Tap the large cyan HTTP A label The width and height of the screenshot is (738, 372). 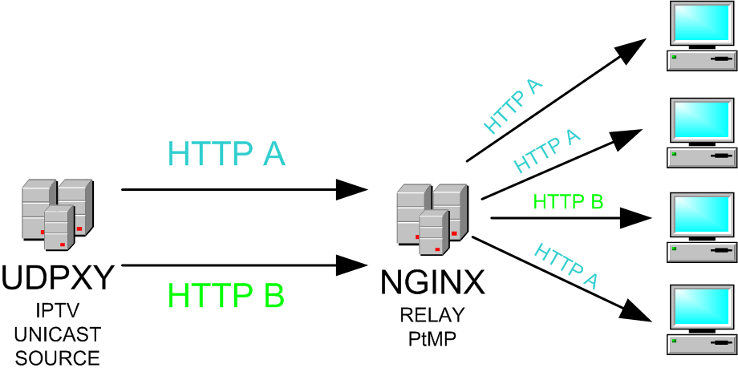226,152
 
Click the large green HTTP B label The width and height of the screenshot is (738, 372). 226,296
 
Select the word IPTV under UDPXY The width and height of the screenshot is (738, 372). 57,310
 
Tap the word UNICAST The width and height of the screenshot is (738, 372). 57,334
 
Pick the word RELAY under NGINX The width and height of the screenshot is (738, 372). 432,313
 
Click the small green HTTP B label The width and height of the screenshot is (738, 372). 567,202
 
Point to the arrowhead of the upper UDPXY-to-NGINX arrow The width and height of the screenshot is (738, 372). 352,190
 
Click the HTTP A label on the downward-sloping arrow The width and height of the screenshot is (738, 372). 567,265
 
